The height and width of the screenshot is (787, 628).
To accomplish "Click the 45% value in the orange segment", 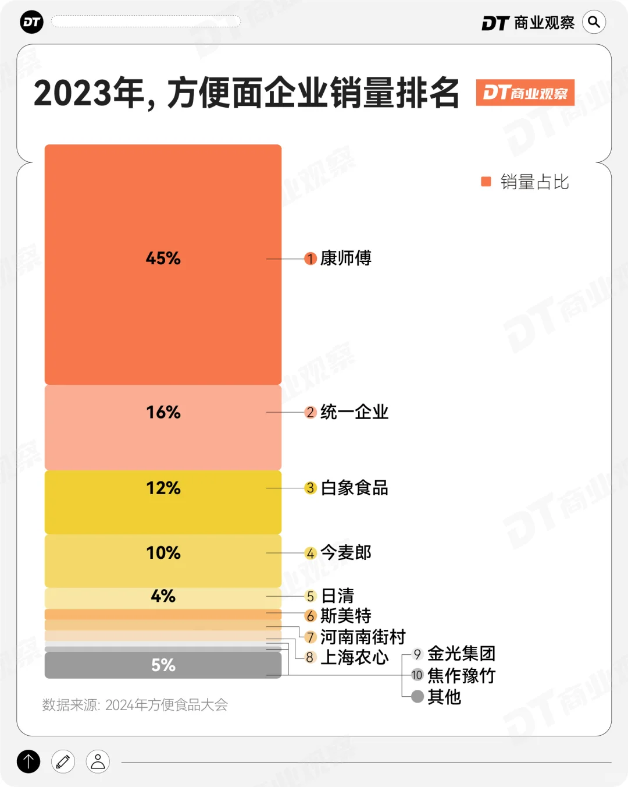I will pos(163,258).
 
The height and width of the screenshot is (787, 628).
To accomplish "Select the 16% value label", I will pos(163,412).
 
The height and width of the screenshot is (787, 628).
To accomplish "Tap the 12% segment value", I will pos(163,488).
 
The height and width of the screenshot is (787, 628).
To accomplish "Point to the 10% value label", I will pos(163,552).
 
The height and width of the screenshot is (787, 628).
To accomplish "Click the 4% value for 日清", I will pos(163,596).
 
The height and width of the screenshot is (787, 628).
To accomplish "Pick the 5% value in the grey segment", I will pos(163,665).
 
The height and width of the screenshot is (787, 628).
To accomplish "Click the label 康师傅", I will pos(346,258).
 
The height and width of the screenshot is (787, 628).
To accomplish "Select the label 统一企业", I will pos(354,412).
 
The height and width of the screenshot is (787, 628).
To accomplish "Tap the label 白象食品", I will pos(354,488).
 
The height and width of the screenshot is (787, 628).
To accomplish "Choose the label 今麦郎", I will pos(346,552).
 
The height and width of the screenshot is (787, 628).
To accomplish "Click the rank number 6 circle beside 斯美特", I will pos(311,616).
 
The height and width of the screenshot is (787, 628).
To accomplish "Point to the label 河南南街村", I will pos(363,637).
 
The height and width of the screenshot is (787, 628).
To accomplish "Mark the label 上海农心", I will pos(354,657).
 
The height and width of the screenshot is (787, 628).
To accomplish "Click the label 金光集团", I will pos(461,654).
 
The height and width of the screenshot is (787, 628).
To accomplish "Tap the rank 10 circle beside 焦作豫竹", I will pos(417,675).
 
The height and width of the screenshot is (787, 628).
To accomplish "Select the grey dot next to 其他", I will pos(417,696).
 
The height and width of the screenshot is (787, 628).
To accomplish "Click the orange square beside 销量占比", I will pos(486,182).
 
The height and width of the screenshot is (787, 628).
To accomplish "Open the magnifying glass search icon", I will pos(594,22).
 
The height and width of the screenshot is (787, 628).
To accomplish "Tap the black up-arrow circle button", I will pos(28,761).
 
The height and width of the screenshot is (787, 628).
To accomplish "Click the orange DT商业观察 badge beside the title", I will pos(525,93).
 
